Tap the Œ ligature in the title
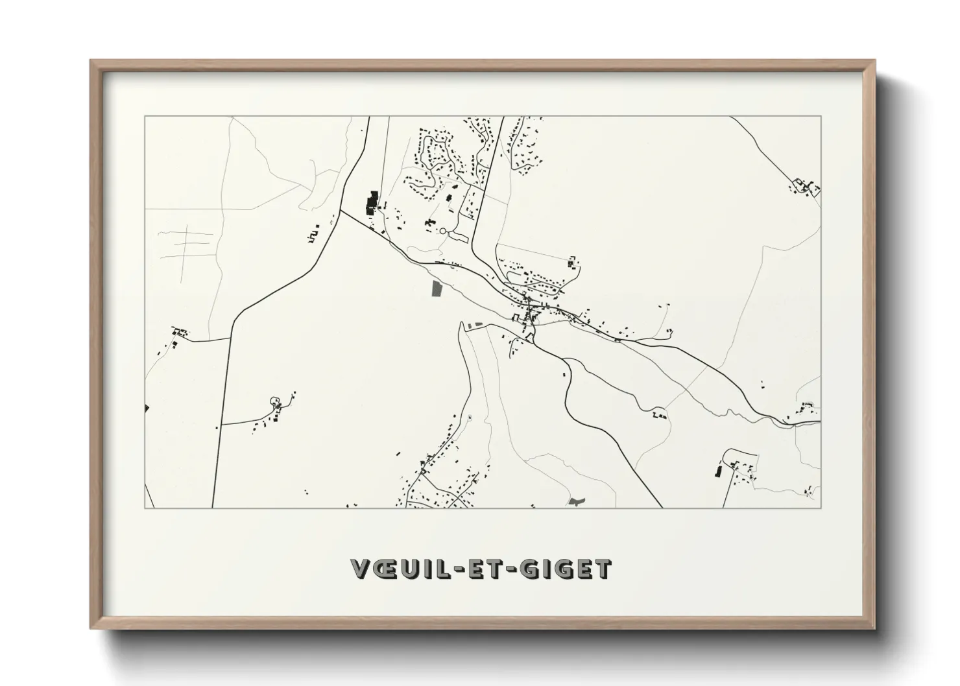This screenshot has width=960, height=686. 387,569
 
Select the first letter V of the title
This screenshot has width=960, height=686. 361,569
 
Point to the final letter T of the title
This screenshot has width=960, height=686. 603,569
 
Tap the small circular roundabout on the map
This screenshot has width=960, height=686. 443,230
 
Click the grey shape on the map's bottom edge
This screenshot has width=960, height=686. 576,501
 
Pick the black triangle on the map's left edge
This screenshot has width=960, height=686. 147,408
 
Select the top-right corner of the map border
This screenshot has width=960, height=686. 821,116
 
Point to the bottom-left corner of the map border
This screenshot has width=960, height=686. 145,508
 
